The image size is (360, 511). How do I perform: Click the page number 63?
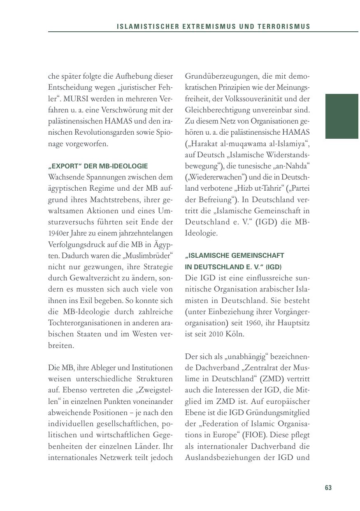[x=328, y=488]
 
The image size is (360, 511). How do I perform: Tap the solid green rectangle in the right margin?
[x=342, y=116]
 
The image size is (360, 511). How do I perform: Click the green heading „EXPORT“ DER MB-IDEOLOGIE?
[x=98, y=166]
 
